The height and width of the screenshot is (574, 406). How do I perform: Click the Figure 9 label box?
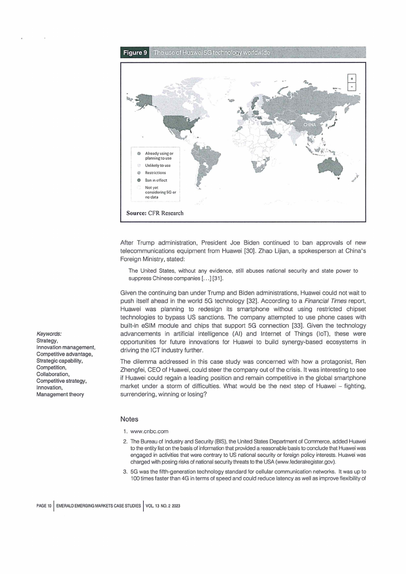point(134,53)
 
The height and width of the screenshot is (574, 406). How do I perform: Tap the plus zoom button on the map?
point(351,78)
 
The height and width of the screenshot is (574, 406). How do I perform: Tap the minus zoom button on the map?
point(351,87)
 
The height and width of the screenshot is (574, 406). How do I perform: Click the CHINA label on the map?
point(311,124)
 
